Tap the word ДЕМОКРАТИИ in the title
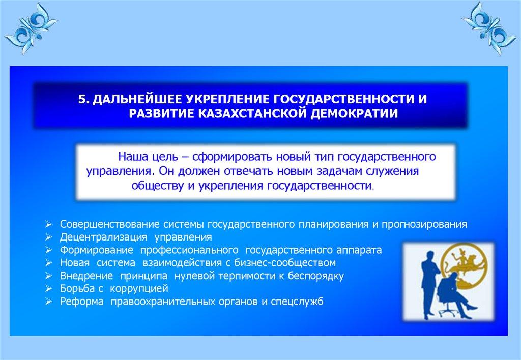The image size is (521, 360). click(354, 113)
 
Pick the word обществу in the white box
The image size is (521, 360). click(158, 186)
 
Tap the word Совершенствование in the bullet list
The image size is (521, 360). click(110, 225)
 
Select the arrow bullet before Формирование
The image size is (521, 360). click(49, 250)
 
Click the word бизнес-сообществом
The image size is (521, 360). click(285, 263)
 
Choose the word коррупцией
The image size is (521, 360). click(139, 289)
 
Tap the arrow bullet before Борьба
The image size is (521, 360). click(49, 289)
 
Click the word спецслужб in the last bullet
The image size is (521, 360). click(297, 302)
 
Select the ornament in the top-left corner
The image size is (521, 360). click(31, 28)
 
